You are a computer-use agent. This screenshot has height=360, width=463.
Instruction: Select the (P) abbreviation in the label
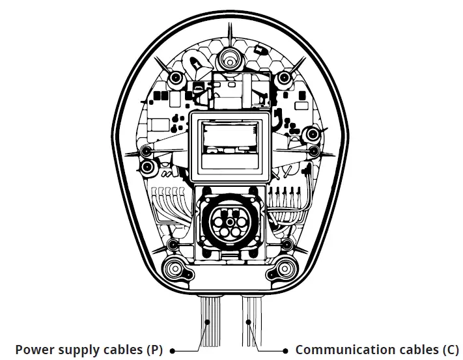pyautogui.click(x=154, y=350)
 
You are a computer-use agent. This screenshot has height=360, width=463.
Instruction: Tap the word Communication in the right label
pyautogui.click(x=336, y=350)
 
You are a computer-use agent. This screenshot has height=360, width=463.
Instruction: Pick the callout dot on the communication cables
pyautogui.click(x=248, y=322)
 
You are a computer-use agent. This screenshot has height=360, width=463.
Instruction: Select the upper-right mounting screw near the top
pyautogui.click(x=283, y=77)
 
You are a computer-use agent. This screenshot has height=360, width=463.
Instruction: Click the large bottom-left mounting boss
pyautogui.click(x=175, y=268)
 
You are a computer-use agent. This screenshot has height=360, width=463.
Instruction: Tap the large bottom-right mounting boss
pyautogui.click(x=283, y=268)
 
